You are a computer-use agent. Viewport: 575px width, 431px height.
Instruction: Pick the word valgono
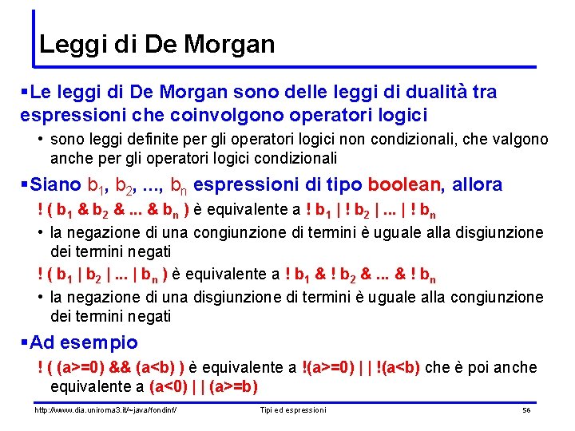[515, 140]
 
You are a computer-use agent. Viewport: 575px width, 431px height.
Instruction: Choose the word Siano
[56, 185]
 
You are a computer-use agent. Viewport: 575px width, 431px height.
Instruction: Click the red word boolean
[404, 185]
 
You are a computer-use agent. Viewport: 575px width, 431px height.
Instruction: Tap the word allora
[478, 185]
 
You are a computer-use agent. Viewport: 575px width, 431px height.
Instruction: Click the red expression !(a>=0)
[333, 367]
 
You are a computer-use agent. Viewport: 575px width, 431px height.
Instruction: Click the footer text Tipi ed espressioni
[293, 410]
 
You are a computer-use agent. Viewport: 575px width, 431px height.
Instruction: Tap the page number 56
[526, 410]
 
